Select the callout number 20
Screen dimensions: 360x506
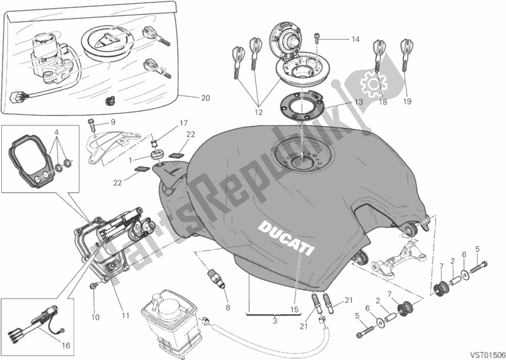pos(205,98)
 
